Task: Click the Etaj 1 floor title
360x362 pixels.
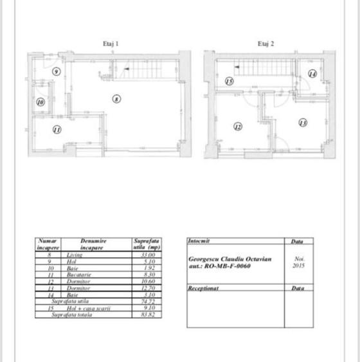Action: pyautogui.click(x=111, y=44)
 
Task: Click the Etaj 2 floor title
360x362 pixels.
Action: pyautogui.click(x=265, y=44)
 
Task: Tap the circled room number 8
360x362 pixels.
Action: pyautogui.click(x=116, y=98)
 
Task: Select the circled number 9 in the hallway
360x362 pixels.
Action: pyautogui.click(x=56, y=71)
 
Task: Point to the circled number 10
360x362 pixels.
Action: pyautogui.click(x=40, y=102)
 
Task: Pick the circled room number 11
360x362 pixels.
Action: pyautogui.click(x=57, y=129)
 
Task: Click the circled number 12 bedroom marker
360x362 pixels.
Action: pyautogui.click(x=238, y=127)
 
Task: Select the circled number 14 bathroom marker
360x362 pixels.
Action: pyautogui.click(x=312, y=74)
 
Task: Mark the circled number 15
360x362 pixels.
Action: pyautogui.click(x=229, y=82)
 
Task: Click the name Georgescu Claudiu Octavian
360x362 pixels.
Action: pyautogui.click(x=230, y=259)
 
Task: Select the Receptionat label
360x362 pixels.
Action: pyautogui.click(x=204, y=289)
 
